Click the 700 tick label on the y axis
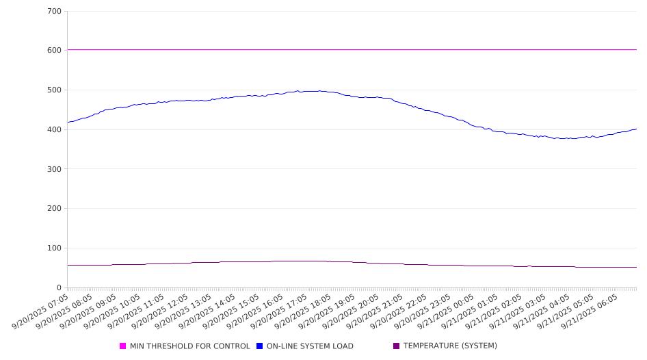click(x=55, y=12)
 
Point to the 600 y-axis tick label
click(x=55, y=51)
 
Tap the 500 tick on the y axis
click(x=55, y=90)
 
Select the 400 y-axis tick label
click(x=55, y=130)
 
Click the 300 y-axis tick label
click(x=55, y=169)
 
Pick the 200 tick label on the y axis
click(x=55, y=209)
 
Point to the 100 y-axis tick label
click(x=55, y=248)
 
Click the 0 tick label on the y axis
click(x=59, y=288)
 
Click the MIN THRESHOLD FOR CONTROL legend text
click(x=189, y=346)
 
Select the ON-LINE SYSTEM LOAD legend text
click(x=310, y=346)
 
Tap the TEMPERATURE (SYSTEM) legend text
click(x=450, y=346)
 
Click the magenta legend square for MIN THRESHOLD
click(x=123, y=346)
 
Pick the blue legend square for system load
click(x=260, y=346)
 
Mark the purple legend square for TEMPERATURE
click(x=397, y=346)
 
